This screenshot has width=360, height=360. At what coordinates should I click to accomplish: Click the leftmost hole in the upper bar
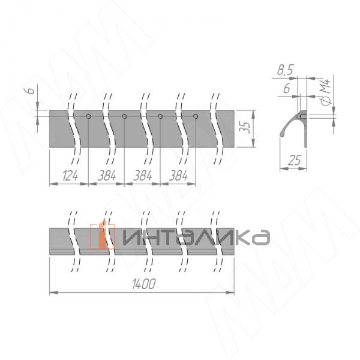(88, 116)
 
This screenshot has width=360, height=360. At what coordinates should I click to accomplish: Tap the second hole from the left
(124, 116)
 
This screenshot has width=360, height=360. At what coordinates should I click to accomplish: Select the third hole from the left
(160, 116)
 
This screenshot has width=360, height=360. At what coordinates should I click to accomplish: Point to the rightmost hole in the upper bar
(196, 116)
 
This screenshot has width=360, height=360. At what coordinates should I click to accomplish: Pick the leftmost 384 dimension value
(106, 176)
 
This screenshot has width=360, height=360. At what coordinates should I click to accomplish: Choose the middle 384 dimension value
(142, 176)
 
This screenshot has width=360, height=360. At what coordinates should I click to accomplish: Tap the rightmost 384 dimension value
(178, 176)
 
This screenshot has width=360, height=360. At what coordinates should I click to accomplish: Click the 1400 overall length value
(142, 285)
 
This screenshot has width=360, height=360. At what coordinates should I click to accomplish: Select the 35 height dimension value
(244, 127)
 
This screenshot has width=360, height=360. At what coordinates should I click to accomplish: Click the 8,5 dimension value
(286, 71)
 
